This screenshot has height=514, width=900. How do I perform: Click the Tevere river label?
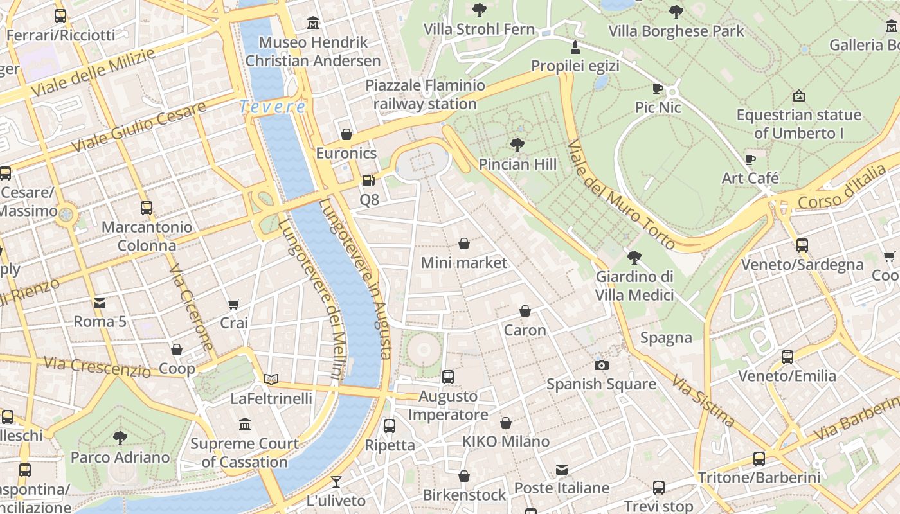tap(273, 107)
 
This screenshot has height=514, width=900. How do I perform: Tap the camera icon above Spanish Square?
tap(601, 365)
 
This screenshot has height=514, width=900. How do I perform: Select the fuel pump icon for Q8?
tap(369, 181)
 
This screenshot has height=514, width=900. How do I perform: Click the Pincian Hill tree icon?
tap(517, 145)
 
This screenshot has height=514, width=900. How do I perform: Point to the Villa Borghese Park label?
tap(676, 31)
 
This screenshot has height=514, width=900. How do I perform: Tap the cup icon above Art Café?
tap(750, 159)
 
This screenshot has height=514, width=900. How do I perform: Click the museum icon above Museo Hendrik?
tap(313, 23)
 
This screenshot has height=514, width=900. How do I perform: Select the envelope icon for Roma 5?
tap(100, 303)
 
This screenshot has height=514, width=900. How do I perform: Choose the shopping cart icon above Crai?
tap(234, 304)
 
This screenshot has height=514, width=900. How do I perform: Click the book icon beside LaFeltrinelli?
tap(271, 380)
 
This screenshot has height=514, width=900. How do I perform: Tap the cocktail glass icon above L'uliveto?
tap(336, 481)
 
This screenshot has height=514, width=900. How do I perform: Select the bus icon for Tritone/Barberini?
tap(759, 458)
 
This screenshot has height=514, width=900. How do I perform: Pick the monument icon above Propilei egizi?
tap(575, 48)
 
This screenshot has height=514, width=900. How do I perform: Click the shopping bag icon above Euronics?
tap(346, 134)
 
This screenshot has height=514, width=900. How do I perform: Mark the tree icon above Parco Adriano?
tap(120, 438)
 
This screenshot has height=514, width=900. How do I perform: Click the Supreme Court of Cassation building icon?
tap(245, 424)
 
